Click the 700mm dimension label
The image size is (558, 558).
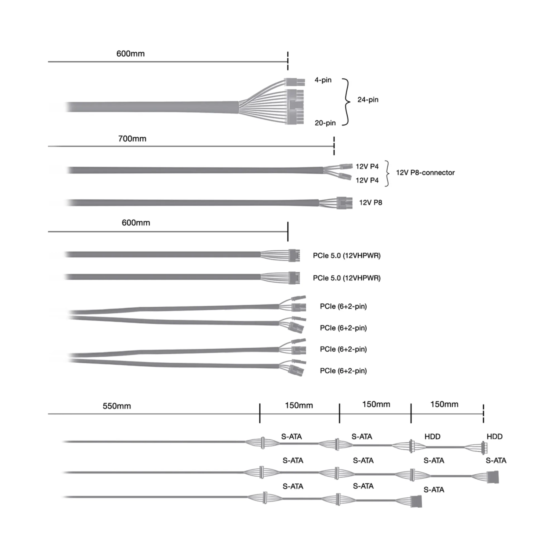pyautogui.click(x=132, y=139)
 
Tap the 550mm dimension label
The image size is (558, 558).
pyautogui.click(x=117, y=406)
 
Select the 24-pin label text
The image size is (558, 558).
pyautogui.click(x=368, y=100)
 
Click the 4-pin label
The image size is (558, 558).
pyautogui.click(x=323, y=80)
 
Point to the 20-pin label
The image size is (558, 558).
pyautogui.click(x=325, y=123)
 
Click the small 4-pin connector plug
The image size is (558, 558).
pyautogui.click(x=294, y=82)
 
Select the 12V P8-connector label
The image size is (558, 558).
pyautogui.click(x=425, y=173)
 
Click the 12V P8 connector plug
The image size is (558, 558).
pyautogui.click(x=344, y=203)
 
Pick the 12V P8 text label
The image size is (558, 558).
pyautogui.click(x=371, y=202)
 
